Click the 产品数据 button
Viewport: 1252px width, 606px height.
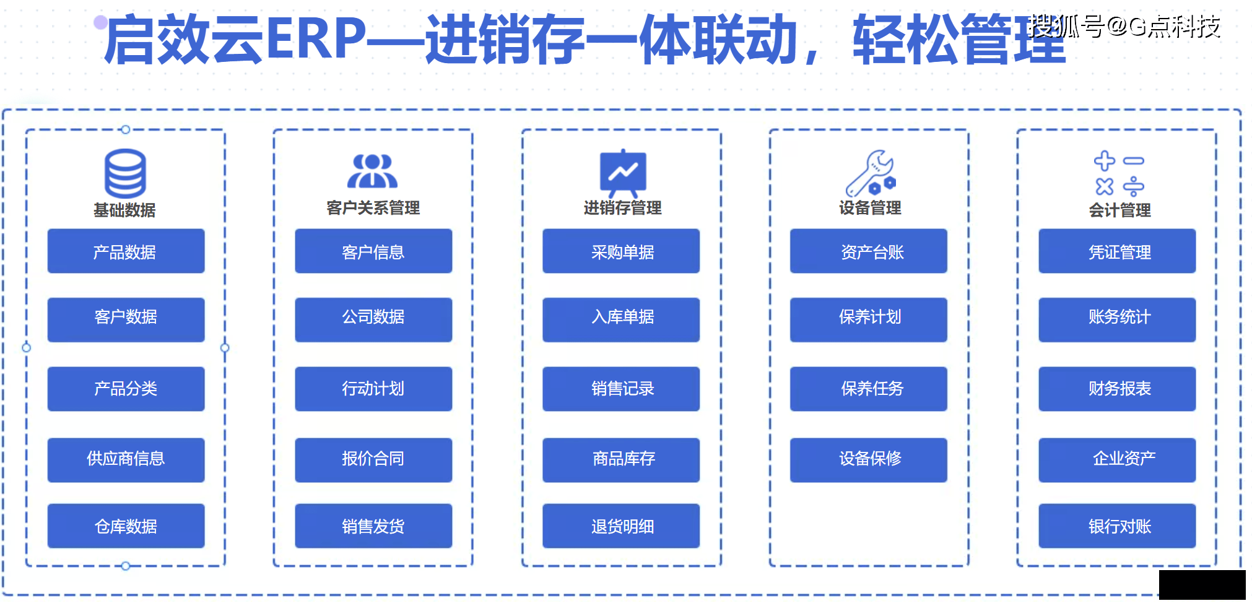(126, 251)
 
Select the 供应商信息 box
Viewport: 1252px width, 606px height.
(126, 460)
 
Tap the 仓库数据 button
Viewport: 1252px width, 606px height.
(126, 526)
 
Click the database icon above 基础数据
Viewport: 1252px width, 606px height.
(125, 173)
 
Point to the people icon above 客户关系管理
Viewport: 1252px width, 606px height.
(372, 171)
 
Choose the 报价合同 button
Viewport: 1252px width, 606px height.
(373, 460)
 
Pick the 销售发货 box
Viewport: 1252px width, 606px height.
(373, 526)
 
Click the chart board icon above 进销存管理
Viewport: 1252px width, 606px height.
(623, 173)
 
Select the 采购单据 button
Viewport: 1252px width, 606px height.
(621, 251)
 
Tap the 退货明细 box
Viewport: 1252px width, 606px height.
(621, 526)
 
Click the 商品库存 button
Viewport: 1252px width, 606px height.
(621, 460)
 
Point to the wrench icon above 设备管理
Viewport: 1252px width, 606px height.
(871, 173)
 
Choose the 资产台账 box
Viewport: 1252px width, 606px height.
(869, 251)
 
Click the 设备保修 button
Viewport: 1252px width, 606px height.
(869, 460)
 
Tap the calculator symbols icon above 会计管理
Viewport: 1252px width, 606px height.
(1119, 174)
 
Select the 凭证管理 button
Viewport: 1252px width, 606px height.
(1117, 251)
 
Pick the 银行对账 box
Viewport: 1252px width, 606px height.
(1117, 526)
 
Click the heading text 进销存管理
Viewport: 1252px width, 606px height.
(622, 208)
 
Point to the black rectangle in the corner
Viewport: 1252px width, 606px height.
(1202, 585)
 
